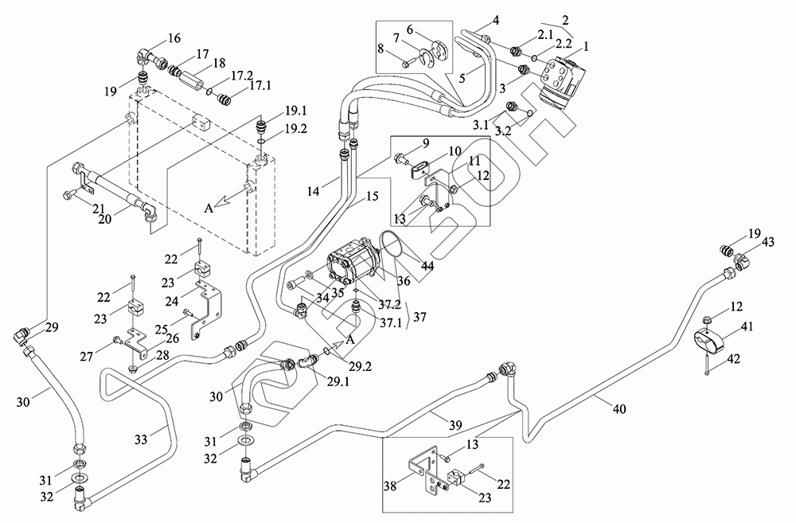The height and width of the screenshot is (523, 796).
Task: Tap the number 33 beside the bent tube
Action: pos(140,437)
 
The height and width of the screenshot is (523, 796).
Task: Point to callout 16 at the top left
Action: pos(174,38)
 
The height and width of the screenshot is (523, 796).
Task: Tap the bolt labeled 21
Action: pos(70,194)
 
